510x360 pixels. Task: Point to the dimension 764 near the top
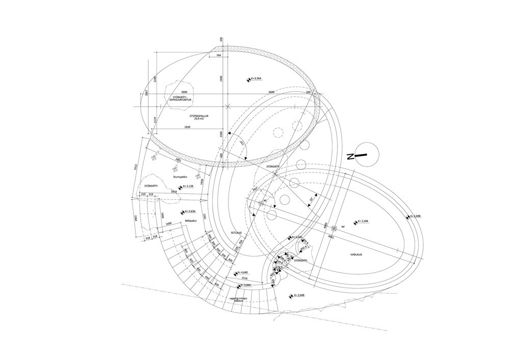click(218, 55)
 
